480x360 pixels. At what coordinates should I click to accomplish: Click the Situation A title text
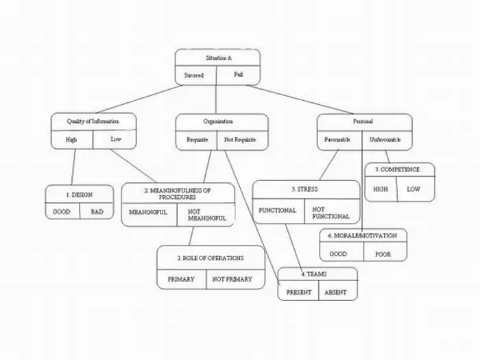pos(217,58)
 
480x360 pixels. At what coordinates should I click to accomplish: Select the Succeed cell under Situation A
pos(195,75)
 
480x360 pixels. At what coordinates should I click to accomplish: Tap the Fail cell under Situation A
pos(238,74)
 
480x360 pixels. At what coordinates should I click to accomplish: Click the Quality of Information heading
pos(93,121)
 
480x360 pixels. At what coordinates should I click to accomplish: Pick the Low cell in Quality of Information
pos(115,139)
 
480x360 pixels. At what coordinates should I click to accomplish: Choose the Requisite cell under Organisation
pos(197,139)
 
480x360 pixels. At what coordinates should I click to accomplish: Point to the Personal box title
pos(363,121)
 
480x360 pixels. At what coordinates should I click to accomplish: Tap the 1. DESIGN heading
pos(78,195)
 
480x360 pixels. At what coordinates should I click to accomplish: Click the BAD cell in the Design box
pos(97,212)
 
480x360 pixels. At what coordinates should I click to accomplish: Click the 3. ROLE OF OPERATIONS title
pos(211,258)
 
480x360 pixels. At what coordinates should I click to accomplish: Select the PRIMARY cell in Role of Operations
pos(182,279)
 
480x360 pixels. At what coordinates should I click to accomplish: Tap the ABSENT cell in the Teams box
pos(335,292)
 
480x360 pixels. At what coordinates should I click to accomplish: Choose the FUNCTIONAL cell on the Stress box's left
pos(277,211)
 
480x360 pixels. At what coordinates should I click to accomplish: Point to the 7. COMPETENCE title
pos(400,169)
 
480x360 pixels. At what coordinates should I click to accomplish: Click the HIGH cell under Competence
pos(381,189)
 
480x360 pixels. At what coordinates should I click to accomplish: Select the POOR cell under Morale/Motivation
pos(383,253)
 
